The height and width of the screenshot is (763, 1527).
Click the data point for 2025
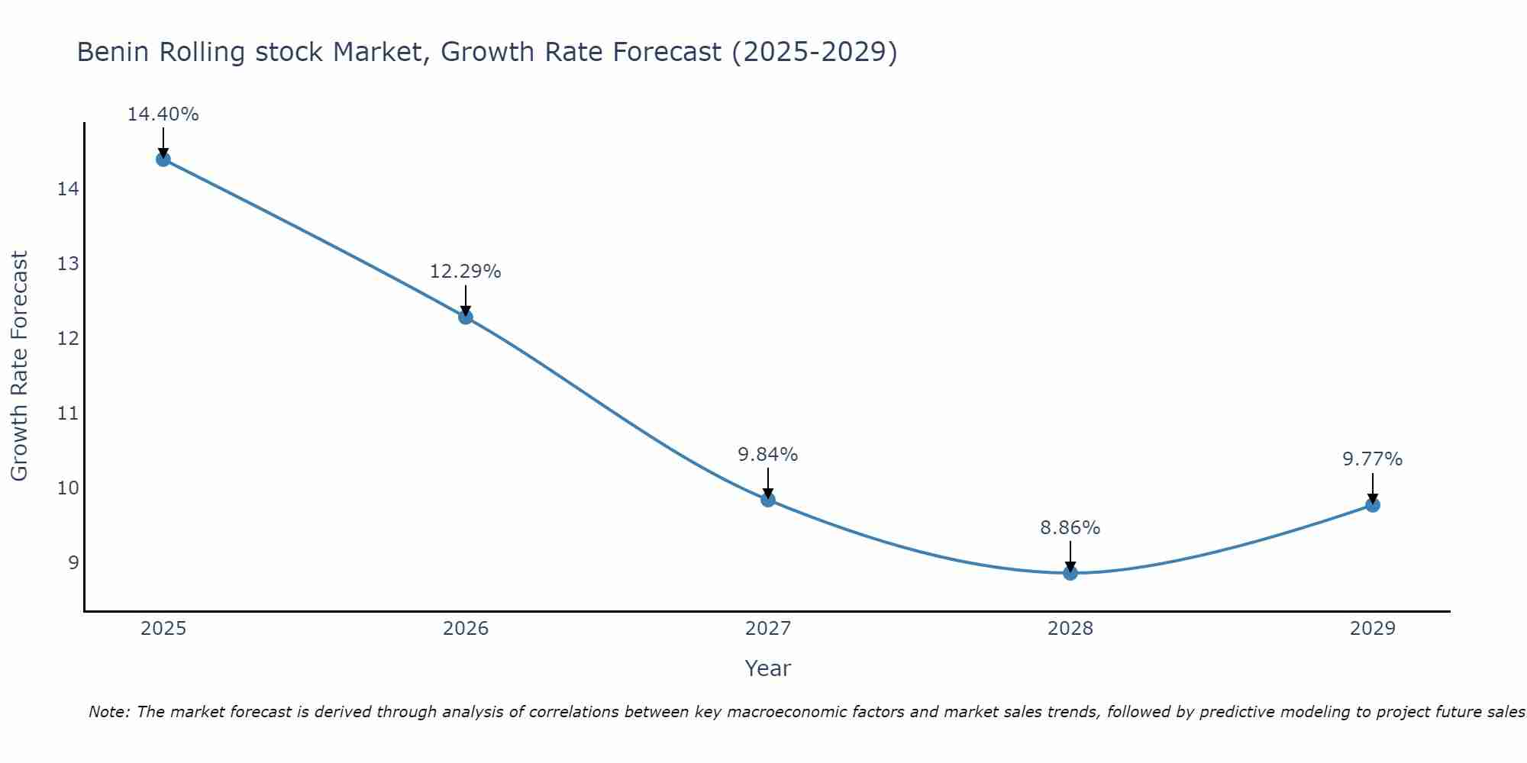click(x=163, y=159)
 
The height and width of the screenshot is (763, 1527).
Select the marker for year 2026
click(x=466, y=317)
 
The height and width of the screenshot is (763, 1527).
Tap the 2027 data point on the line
click(x=768, y=500)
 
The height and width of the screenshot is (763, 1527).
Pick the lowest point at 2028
click(x=1070, y=573)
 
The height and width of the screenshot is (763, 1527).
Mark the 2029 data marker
click(x=1373, y=505)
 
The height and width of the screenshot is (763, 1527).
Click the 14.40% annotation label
click(x=163, y=114)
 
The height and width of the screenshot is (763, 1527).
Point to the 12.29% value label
click(x=465, y=272)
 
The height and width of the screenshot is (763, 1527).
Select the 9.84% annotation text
click(x=767, y=455)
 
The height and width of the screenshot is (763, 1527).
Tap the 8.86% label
click(x=1070, y=528)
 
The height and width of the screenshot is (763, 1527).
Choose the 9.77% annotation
click(x=1372, y=459)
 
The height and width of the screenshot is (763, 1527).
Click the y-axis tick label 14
click(x=68, y=188)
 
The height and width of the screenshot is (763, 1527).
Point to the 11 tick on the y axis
click(x=68, y=414)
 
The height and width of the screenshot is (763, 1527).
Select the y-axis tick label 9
click(x=73, y=563)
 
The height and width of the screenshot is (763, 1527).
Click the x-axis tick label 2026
click(x=466, y=629)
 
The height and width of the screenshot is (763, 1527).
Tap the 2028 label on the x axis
click(x=1070, y=629)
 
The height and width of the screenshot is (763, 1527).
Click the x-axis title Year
click(x=767, y=668)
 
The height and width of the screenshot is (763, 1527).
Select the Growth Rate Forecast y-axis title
click(x=19, y=366)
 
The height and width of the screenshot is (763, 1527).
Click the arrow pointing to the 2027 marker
click(x=768, y=483)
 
